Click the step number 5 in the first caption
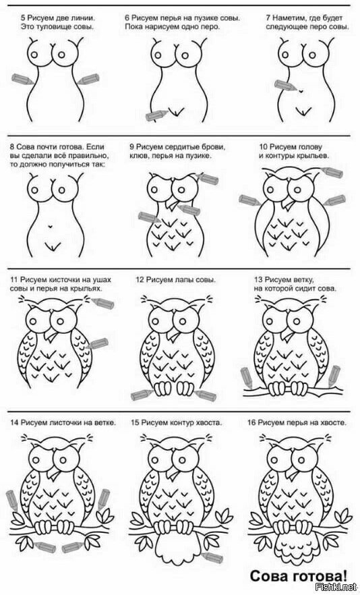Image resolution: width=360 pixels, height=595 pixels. point(22,18)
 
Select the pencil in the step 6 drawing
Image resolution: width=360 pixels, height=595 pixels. point(156,115)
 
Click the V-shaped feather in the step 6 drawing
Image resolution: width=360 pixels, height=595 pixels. point(177,112)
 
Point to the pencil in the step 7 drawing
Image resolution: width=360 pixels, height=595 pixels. point(285,86)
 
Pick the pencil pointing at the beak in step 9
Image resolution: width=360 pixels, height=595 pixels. point(189,209)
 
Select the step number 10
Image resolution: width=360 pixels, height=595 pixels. point(264,146)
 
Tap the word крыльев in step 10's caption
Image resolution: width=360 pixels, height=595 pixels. point(316,156)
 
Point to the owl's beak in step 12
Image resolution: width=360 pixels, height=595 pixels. point(173,335)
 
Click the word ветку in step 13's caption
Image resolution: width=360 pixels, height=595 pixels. point(304,280)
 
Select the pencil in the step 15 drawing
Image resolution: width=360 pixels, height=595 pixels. point(212,557)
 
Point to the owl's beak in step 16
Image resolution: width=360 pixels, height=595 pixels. point(293,474)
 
